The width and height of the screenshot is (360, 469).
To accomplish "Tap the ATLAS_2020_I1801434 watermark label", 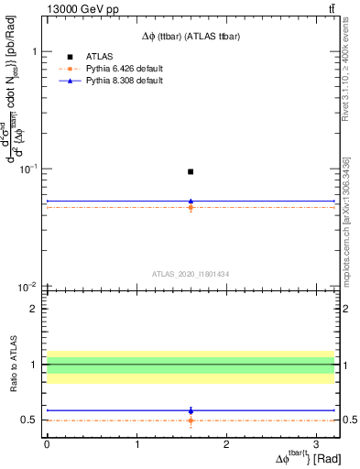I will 190,274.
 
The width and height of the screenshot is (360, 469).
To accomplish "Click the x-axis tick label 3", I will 316,443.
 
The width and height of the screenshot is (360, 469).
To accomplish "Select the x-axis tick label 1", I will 136,443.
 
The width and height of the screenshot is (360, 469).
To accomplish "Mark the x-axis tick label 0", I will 47,443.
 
